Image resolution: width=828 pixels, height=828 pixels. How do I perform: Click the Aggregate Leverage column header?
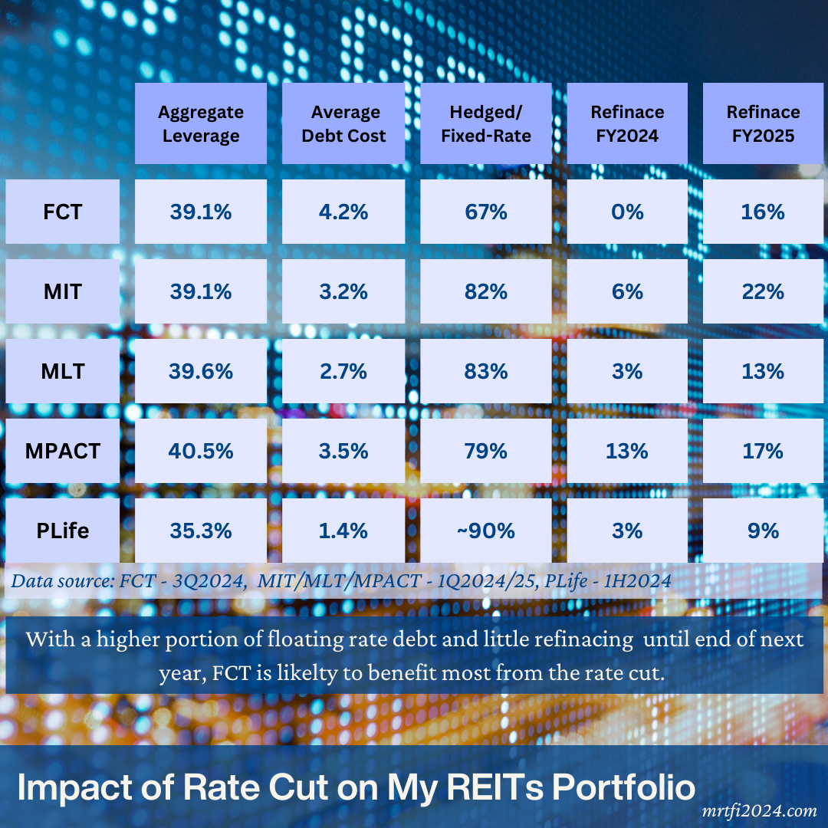click(x=201, y=123)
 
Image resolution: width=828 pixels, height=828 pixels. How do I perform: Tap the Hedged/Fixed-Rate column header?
click(x=486, y=123)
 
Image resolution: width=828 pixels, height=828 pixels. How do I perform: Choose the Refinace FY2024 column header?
click(x=627, y=123)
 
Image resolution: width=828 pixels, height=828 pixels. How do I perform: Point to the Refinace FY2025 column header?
click(x=764, y=123)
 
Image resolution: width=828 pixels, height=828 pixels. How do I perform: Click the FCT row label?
click(x=63, y=212)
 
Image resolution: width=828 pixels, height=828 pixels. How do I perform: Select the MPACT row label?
click(x=63, y=451)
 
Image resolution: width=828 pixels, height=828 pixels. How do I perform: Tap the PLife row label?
click(x=63, y=531)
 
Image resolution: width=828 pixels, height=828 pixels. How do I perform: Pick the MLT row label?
click(x=63, y=371)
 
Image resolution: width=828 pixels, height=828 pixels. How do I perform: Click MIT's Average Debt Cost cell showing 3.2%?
click(x=343, y=291)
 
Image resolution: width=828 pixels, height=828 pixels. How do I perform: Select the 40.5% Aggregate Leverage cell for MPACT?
click(x=201, y=451)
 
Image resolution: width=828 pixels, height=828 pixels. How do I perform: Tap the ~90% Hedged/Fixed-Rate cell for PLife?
click(x=486, y=531)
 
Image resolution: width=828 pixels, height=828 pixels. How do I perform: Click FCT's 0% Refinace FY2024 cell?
click(x=627, y=212)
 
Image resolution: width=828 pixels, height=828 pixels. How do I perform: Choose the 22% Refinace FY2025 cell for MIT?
click(x=764, y=291)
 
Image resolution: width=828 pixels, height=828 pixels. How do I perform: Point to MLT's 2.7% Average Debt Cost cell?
click(x=343, y=371)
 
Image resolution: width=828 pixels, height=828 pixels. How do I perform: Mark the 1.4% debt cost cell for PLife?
click(x=343, y=531)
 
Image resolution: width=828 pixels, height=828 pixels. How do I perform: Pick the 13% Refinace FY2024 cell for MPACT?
click(x=627, y=451)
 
